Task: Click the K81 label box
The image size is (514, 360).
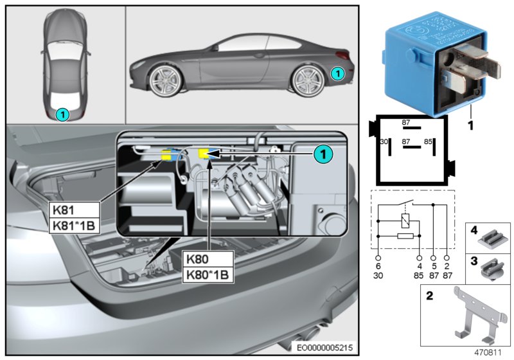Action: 74,210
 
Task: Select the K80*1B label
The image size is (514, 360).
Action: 208,275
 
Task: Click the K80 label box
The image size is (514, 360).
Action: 208,260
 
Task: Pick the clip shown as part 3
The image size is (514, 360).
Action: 492,265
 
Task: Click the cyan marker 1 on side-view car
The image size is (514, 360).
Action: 338,75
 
